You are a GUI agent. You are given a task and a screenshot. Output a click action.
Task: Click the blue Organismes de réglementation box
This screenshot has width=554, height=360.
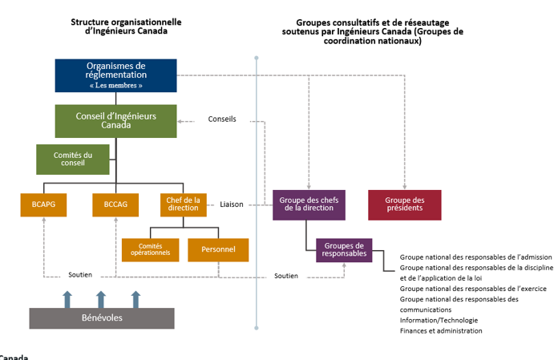115,75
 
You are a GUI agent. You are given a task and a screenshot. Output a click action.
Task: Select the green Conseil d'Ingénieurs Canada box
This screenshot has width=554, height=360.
115,120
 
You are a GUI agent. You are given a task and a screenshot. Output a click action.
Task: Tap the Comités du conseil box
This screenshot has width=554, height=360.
73,159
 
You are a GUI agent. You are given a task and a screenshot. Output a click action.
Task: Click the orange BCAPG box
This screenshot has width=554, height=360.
44,205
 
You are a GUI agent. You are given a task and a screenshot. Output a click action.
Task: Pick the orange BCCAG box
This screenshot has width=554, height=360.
115,205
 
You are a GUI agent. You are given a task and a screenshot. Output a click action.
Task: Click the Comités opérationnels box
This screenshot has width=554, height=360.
150,249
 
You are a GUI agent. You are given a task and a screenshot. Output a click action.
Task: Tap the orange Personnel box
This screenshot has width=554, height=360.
218,249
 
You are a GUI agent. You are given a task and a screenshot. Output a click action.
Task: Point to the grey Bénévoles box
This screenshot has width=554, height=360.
102,318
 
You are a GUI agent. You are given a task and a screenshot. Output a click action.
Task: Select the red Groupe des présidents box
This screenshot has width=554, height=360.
405,204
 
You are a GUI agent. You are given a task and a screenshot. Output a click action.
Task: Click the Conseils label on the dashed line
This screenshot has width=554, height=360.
222,119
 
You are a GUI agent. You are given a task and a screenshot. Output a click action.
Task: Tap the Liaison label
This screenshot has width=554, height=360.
232,204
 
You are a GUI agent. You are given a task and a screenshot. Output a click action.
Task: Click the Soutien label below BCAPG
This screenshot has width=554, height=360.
80,274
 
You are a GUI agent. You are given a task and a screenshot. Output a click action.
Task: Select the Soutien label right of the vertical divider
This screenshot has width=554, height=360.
286,276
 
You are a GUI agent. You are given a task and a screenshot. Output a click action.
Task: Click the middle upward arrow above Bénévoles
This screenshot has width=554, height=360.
101,299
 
